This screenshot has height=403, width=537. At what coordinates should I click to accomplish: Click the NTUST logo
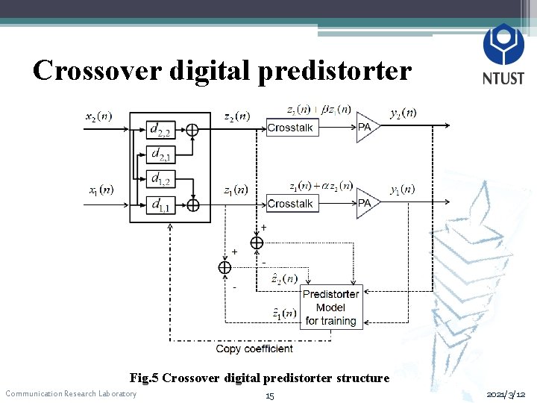coord(503,54)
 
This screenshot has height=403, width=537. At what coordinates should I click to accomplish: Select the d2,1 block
coord(160,154)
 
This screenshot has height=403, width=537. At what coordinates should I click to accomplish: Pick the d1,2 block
coord(160,178)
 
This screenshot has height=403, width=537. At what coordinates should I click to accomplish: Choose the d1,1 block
coord(160,204)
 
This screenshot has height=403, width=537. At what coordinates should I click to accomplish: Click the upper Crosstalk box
coord(290,128)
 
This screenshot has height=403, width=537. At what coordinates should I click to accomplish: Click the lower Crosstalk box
coord(290,203)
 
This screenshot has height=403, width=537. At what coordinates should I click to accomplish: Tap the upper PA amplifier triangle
coord(366,128)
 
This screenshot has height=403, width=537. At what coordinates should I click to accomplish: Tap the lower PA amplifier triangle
coord(366,203)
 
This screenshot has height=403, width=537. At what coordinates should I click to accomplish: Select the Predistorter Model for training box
coord(330,307)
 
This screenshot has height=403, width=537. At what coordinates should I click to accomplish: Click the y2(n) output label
coord(403,113)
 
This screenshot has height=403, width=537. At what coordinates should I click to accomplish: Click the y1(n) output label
coord(403,189)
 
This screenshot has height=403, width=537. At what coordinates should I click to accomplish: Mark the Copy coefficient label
coord(254,349)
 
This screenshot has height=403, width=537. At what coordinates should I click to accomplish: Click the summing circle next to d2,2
coord(192,130)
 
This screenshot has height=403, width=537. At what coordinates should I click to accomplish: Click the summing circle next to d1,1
coord(193,204)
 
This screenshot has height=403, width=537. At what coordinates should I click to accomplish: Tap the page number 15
coord(269,396)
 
